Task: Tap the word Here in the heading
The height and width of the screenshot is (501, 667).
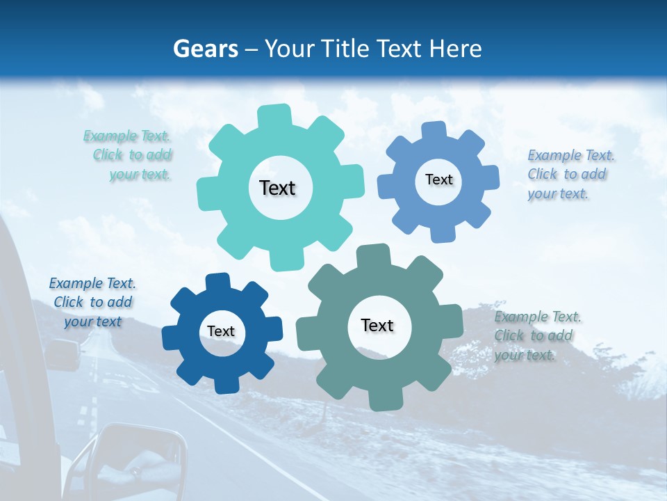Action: tap(456, 49)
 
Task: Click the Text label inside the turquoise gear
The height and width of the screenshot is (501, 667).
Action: tap(277, 188)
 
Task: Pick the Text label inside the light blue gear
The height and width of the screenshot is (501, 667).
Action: tap(438, 180)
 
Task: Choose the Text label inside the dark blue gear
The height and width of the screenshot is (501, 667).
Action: tap(221, 331)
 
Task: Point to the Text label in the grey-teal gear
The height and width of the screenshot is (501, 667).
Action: tap(377, 325)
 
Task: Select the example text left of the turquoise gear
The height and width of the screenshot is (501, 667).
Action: tap(130, 155)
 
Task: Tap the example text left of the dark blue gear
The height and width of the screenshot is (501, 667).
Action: tap(92, 302)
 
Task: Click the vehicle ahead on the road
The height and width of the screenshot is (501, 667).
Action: tap(63, 354)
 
